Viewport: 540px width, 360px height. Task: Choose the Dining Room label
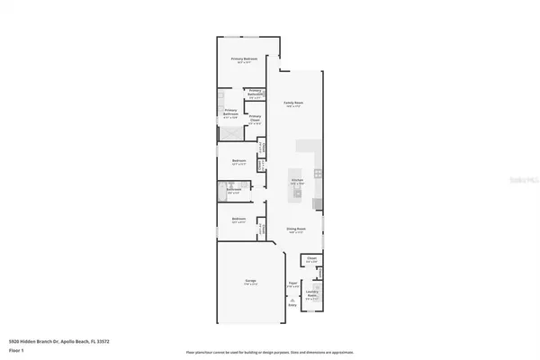click(293, 229)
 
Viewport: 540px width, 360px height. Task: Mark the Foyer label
click(292, 283)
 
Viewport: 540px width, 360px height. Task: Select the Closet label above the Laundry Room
click(311, 259)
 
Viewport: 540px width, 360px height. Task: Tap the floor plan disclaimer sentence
click(270, 352)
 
